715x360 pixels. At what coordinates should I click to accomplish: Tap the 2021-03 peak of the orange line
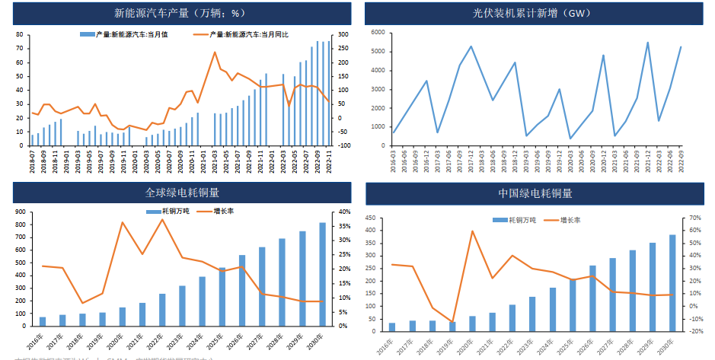pos(215,53)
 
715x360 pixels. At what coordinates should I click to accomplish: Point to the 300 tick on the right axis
pos(343,35)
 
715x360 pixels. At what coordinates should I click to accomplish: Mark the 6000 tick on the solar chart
pos(377,33)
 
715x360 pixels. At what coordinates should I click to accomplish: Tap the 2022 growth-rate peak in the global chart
pos(161,220)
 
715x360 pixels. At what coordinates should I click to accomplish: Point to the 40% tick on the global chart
pos(343,212)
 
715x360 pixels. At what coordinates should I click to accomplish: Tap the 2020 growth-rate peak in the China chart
pos(472,231)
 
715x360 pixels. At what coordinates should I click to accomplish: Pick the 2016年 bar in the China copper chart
pos(392,327)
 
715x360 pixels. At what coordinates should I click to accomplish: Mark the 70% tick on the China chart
pos(694,218)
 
